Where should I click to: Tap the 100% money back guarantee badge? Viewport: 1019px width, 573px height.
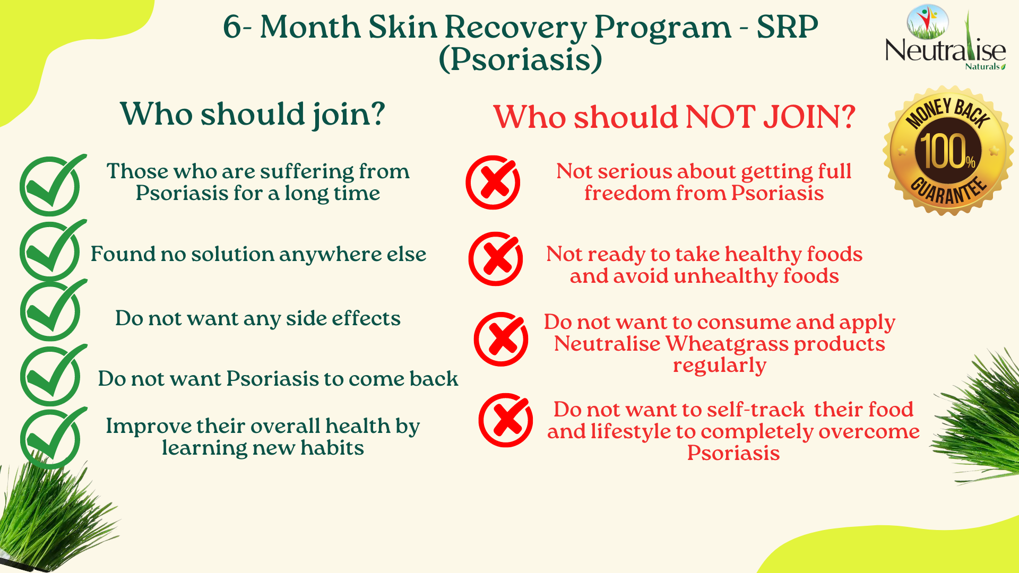point(948,151)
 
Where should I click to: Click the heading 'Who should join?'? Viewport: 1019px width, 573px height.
point(253,114)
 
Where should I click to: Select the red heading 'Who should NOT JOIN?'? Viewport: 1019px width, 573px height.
point(674,117)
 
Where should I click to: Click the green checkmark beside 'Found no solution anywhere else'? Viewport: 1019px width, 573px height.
point(51,251)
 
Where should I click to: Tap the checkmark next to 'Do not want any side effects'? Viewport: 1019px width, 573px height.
point(51,311)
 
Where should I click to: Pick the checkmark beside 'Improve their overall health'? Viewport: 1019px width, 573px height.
point(51,438)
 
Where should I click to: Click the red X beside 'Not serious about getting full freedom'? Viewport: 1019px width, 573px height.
point(493,182)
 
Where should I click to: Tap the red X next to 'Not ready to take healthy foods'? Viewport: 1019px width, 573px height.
point(496,259)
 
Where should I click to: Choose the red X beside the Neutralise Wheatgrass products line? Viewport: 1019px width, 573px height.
point(501,339)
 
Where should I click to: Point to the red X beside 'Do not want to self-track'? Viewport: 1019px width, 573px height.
point(506,420)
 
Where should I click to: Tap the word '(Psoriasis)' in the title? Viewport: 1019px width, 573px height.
point(521,59)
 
